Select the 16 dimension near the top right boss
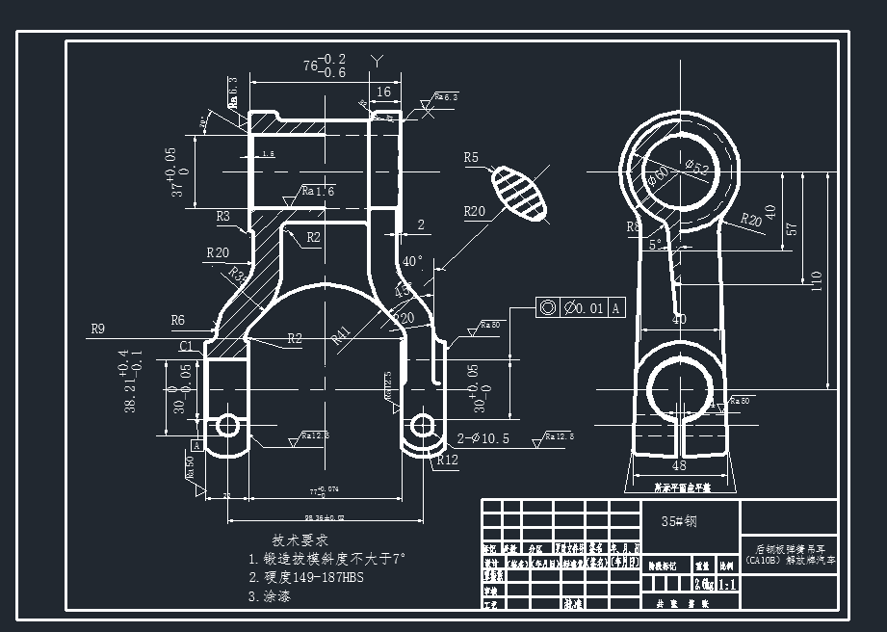383,92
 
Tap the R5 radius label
471,157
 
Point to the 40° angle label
412,261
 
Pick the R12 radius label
447,461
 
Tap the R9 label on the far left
98,329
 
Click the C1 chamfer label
186,345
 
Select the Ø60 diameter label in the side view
659,174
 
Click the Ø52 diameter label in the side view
696,169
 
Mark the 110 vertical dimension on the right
817,280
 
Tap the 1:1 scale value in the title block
727,584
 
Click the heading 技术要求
301,540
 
